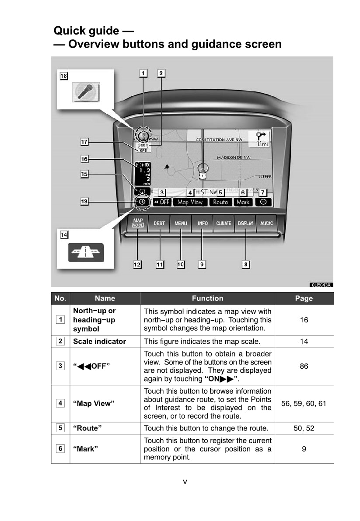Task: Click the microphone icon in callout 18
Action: tap(86, 92)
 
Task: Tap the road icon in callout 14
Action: tap(86, 252)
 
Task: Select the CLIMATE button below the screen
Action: tap(224, 223)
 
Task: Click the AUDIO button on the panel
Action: tap(267, 223)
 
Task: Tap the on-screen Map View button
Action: tap(190, 202)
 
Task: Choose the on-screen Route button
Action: tap(220, 202)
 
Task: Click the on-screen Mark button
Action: tap(243, 202)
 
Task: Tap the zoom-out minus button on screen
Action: tap(263, 202)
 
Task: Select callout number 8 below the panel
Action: tap(246, 264)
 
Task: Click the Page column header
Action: tap(304, 298)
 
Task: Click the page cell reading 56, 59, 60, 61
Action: tap(304, 403)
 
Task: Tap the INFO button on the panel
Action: tap(203, 223)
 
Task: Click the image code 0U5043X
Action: tap(322, 285)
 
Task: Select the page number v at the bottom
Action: tap(185, 482)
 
